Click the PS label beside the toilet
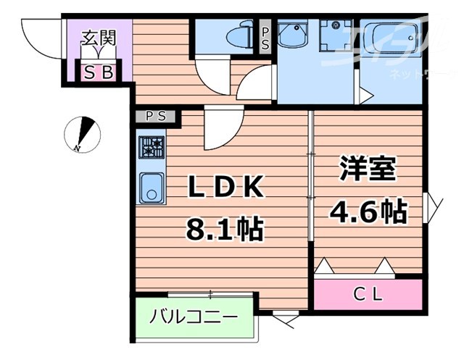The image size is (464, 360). [x=265, y=38]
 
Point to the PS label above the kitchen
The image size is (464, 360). [x=154, y=115]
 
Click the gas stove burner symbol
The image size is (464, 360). [x=152, y=146]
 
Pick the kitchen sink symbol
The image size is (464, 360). [x=152, y=188]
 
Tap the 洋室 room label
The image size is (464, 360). [x=368, y=169]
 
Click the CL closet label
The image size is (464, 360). [x=368, y=294]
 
